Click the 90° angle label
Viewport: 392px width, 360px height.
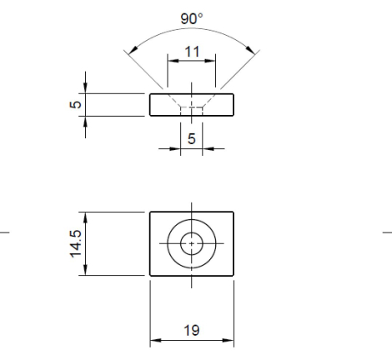192,17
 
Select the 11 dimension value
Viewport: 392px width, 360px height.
192,51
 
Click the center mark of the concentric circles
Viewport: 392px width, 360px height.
192,243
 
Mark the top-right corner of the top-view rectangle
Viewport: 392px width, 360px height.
234,212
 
